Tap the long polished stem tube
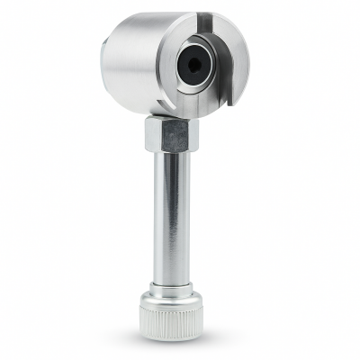170,216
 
